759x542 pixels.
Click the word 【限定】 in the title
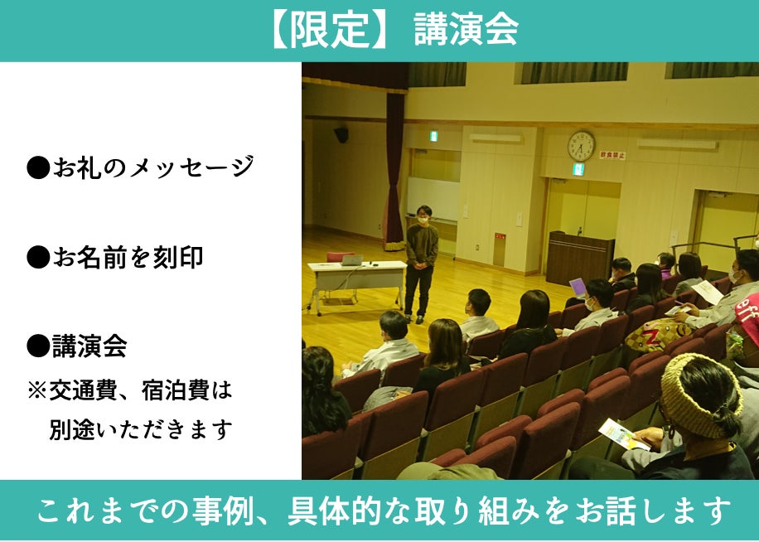330,30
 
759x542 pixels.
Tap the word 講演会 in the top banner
466,30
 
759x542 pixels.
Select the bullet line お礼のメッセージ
140,167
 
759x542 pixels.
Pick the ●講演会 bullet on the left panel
77,346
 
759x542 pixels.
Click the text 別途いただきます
140,429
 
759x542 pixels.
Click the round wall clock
581,146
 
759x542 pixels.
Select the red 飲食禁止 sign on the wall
612,155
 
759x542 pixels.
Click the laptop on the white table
352,260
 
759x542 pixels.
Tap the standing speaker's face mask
423,220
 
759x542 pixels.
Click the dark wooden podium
579,259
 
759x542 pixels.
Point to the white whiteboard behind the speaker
433,199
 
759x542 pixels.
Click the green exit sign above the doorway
578,169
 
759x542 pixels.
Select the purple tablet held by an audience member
578,287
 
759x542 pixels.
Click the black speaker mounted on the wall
341,134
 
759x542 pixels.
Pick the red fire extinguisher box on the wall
500,249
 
